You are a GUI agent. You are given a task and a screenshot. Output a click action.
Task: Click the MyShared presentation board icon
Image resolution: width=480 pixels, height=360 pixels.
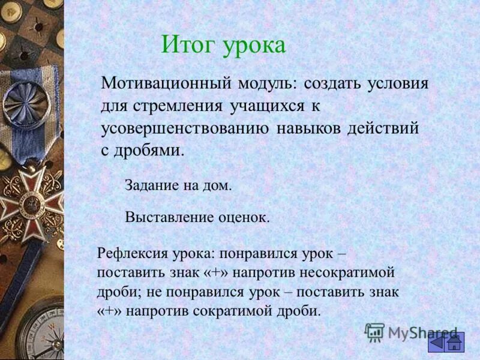pos(374,332)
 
